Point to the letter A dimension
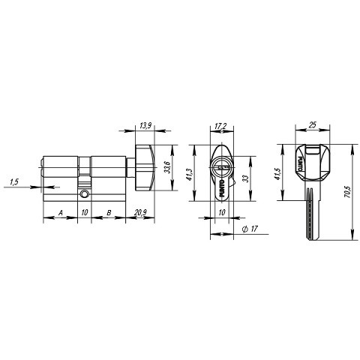click(60, 214)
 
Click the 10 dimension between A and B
click(85, 214)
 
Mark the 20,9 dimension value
click(139, 214)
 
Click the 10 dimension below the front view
click(221, 214)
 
